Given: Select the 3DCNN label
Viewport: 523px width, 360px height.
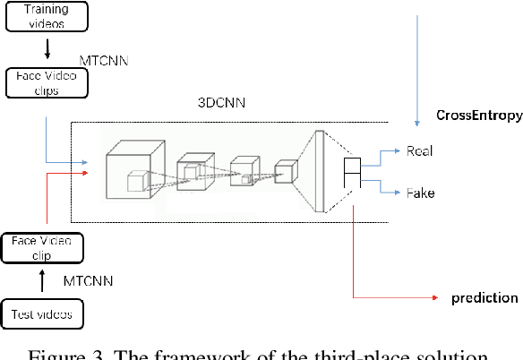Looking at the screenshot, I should click(217, 101).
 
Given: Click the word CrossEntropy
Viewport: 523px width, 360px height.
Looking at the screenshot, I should click(478, 116).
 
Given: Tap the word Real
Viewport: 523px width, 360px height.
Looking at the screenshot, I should click(420, 151).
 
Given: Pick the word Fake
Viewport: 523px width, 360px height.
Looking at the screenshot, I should click(420, 193).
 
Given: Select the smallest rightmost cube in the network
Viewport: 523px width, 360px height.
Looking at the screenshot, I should click(286, 172).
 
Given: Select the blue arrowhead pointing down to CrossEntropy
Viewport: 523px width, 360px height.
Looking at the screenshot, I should click(417, 119).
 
